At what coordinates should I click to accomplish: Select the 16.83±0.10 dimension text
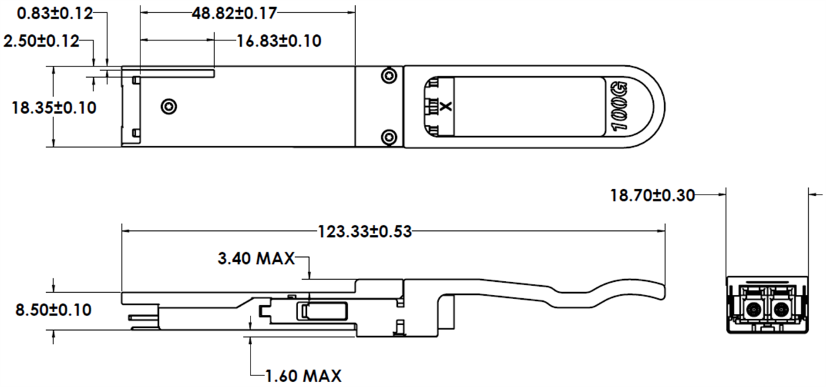[279, 41]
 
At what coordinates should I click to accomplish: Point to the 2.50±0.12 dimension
[41, 41]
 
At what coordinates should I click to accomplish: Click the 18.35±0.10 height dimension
[54, 107]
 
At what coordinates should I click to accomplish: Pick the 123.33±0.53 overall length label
[364, 231]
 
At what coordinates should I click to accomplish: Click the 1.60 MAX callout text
[303, 375]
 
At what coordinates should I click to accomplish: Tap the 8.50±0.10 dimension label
[54, 310]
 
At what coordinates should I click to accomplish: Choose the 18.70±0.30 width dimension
[652, 195]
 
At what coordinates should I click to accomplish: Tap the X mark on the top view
[445, 107]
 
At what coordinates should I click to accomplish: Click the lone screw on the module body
[168, 106]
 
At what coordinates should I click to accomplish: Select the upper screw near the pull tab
[389, 75]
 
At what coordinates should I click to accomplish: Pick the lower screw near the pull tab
[389, 136]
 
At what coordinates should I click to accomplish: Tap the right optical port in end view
[780, 309]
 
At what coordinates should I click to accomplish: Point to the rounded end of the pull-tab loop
[657, 107]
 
